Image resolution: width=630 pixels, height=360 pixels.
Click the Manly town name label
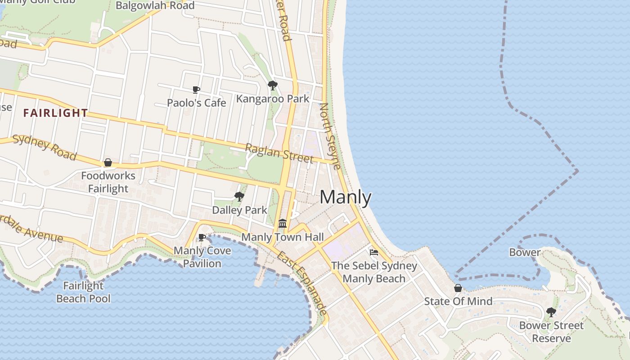coord(346,197)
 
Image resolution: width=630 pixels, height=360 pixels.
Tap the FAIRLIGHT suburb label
coord(55,113)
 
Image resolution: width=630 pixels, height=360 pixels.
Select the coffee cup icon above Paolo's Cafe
coord(196,90)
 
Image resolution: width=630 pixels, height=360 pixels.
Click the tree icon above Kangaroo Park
coord(272,85)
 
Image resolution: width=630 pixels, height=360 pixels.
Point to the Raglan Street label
coord(279,153)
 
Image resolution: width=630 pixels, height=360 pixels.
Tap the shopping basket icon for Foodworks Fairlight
coord(108,162)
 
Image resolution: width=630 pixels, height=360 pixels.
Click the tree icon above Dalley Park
coord(239,196)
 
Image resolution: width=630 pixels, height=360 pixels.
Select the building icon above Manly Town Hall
coord(283,223)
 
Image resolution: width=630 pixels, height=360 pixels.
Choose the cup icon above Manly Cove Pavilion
coord(202,237)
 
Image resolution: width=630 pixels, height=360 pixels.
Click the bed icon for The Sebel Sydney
coord(374,252)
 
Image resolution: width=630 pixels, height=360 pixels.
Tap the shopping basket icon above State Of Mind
coord(458,288)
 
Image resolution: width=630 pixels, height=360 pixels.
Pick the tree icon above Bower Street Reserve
coord(551,312)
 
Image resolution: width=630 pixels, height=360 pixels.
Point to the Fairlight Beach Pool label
coord(83,292)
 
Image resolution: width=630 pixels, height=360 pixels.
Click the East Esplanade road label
coord(301,283)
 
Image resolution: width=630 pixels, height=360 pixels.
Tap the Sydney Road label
coord(44,147)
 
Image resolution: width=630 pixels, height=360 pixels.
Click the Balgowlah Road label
coord(155,6)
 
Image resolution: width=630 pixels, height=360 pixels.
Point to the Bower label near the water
coord(525,252)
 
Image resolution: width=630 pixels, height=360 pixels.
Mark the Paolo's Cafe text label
coord(196,103)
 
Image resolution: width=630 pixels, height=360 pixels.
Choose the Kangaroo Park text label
coord(273,99)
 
